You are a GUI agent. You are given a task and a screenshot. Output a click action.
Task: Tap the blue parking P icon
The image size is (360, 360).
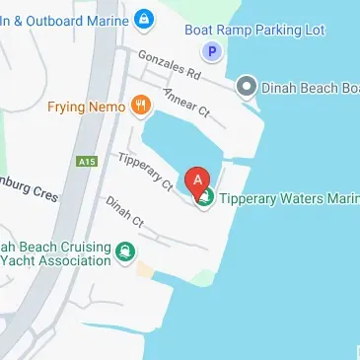tap(210, 51)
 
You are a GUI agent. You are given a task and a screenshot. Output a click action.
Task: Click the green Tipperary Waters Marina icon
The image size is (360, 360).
tap(205, 199)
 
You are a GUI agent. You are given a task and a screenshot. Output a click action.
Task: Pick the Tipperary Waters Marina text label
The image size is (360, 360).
tap(288, 199)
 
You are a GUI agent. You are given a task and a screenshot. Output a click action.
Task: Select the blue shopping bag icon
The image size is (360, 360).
tap(144, 17)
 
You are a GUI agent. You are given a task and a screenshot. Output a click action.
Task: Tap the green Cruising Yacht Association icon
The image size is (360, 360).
tap(125, 253)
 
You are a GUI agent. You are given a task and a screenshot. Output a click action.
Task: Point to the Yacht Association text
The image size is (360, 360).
tap(55, 260)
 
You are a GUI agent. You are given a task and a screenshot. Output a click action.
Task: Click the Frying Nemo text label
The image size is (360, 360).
tap(86, 106)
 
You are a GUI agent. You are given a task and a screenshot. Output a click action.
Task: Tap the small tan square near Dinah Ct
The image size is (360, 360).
tap(146, 269)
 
